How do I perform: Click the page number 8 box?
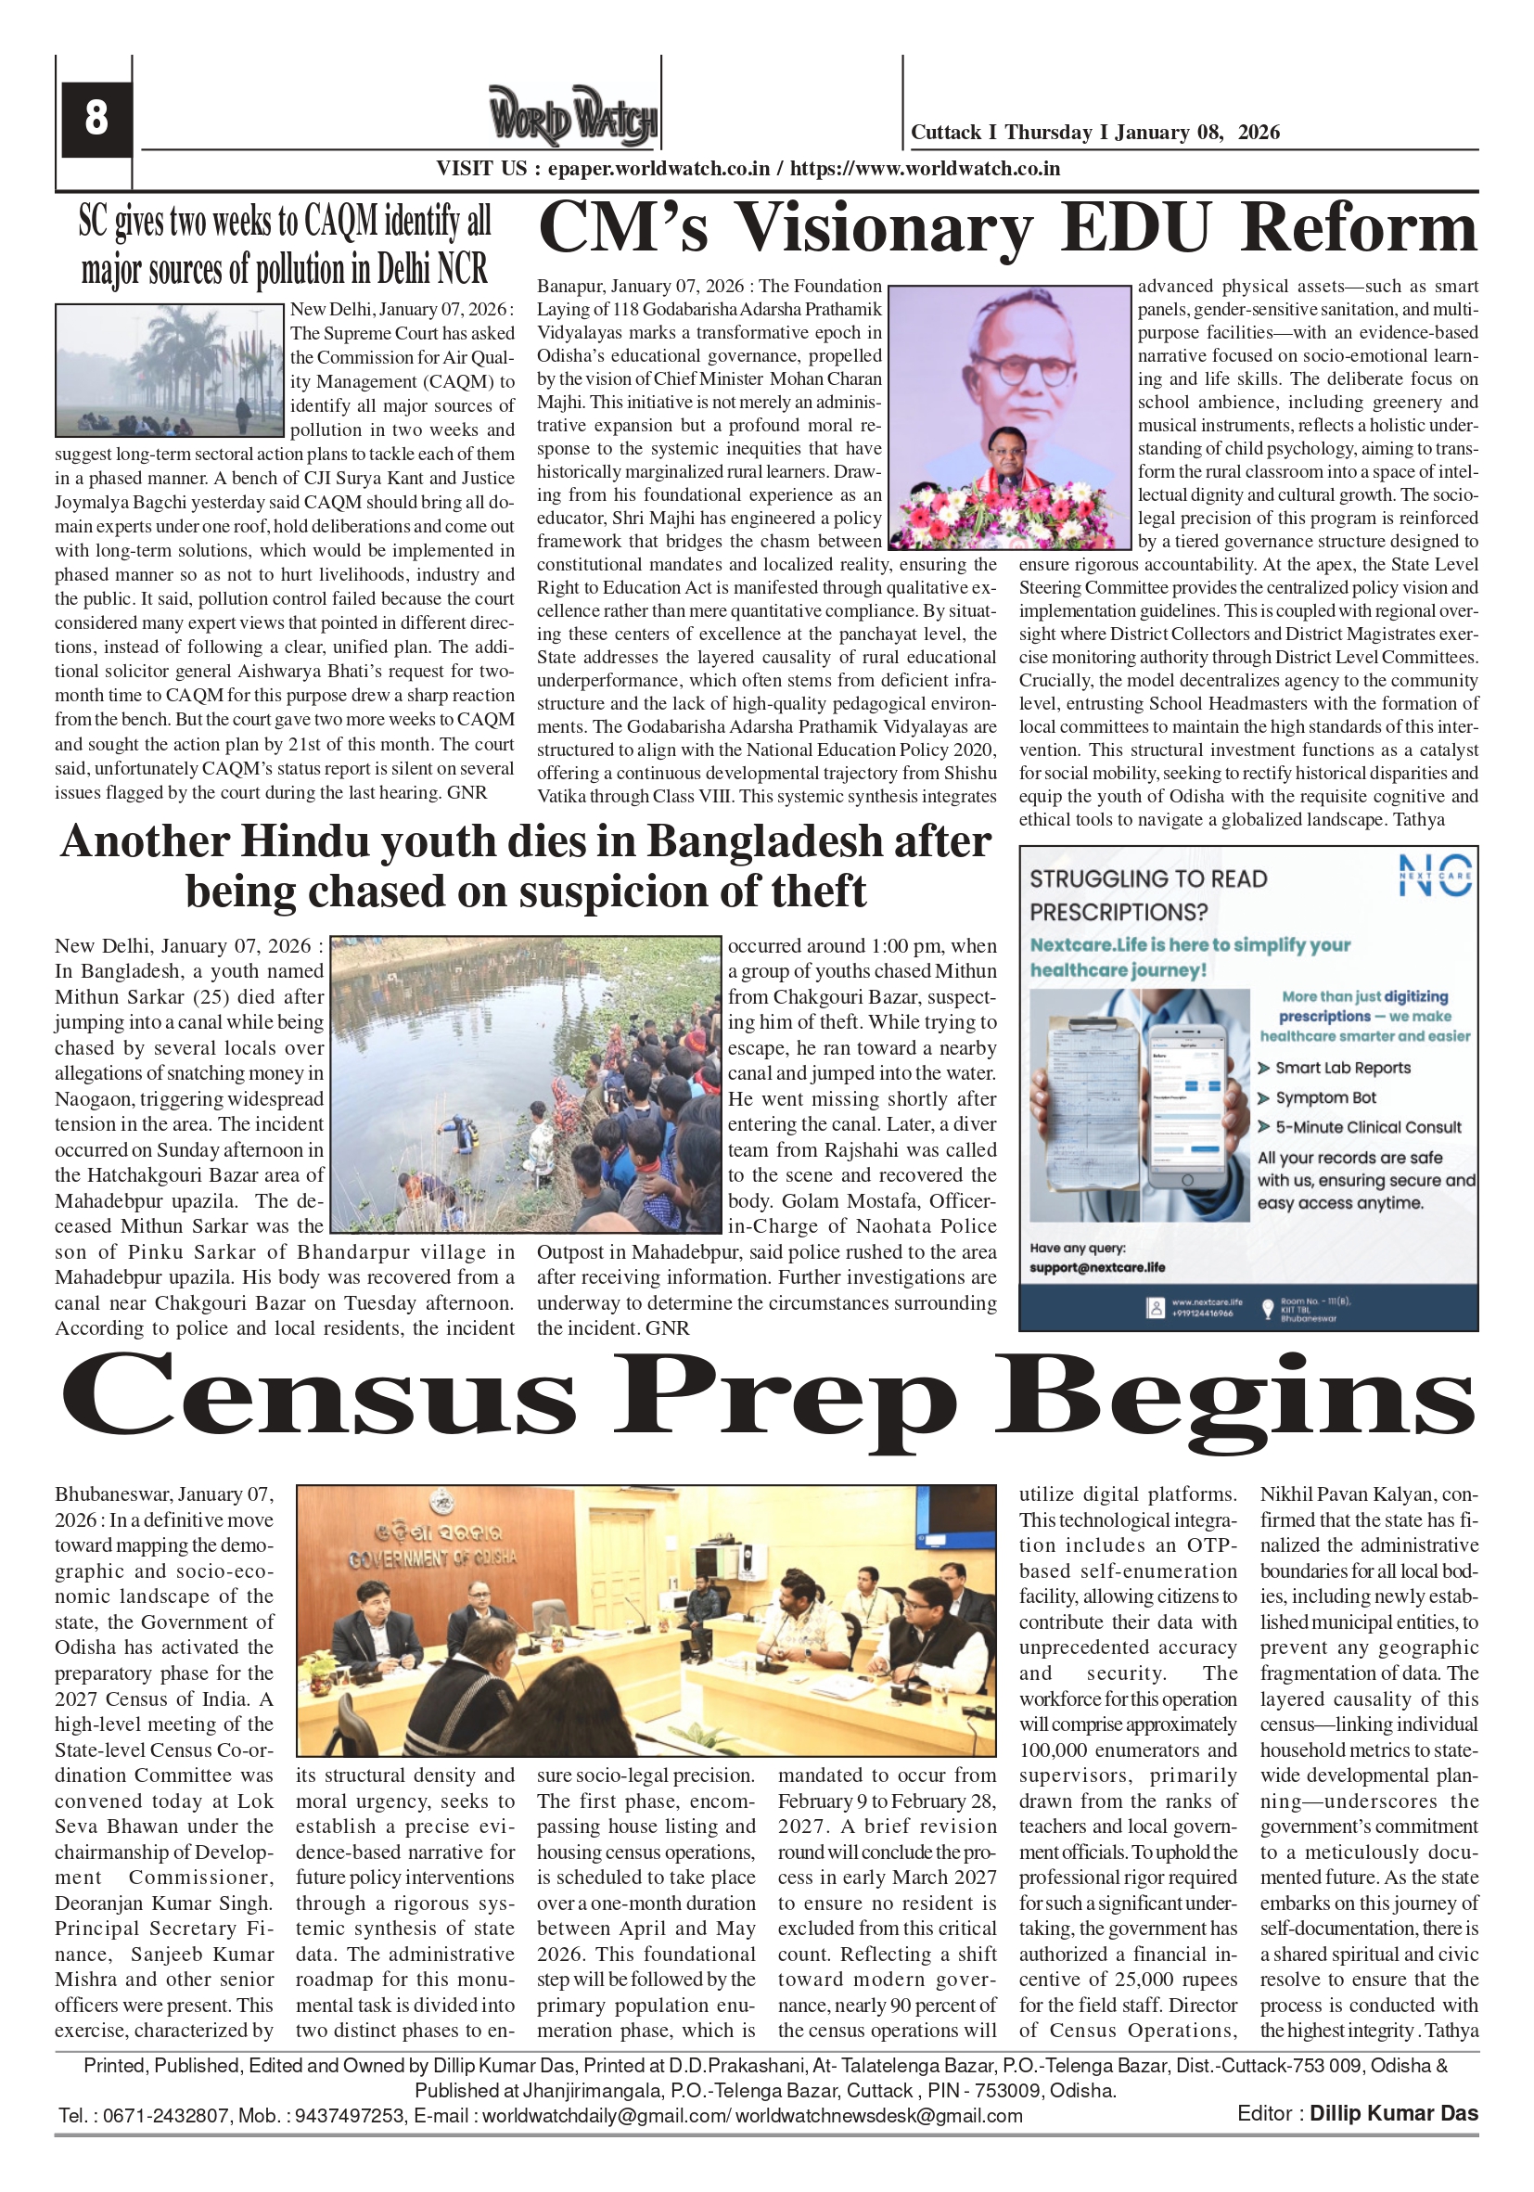[x=96, y=119]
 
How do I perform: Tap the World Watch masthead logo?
[x=573, y=116]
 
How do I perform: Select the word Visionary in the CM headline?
[x=884, y=229]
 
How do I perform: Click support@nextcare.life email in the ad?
[x=1097, y=1267]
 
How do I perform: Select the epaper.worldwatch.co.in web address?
[x=658, y=169]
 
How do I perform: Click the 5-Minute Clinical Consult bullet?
[x=1367, y=1126]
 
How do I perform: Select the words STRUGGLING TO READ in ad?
[x=1147, y=879]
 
